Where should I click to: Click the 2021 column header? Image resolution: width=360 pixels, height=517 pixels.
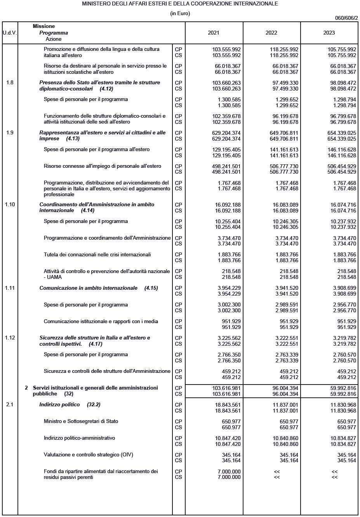pos(214,33)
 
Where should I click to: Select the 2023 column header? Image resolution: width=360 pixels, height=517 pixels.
pos(329,33)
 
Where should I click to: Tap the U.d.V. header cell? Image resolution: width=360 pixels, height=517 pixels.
pos(10,33)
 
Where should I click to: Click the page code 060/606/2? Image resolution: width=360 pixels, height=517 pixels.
pos(346,18)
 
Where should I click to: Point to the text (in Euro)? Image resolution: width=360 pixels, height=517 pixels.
pos(180,13)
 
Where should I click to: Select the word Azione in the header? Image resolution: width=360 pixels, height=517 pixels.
pos(54,39)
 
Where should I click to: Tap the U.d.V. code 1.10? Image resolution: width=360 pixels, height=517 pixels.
pos(10,204)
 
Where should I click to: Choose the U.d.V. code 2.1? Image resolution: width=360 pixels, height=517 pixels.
pos(10,404)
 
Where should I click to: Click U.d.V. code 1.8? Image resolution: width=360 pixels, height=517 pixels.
pos(10,82)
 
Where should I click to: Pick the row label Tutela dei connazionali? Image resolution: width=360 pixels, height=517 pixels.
pos(97,254)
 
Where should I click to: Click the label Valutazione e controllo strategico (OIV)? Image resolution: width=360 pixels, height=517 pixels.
pos(88,454)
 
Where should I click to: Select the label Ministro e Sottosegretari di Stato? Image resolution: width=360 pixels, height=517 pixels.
pos(81,421)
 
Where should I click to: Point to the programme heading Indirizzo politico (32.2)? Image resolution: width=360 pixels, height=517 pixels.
pos(70,404)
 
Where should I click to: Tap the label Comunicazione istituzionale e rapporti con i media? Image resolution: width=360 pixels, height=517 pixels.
pos(101,321)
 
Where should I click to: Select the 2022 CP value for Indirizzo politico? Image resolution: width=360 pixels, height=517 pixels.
pos(285,404)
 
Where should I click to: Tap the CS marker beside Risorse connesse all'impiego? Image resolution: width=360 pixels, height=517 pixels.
pos(178,172)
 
